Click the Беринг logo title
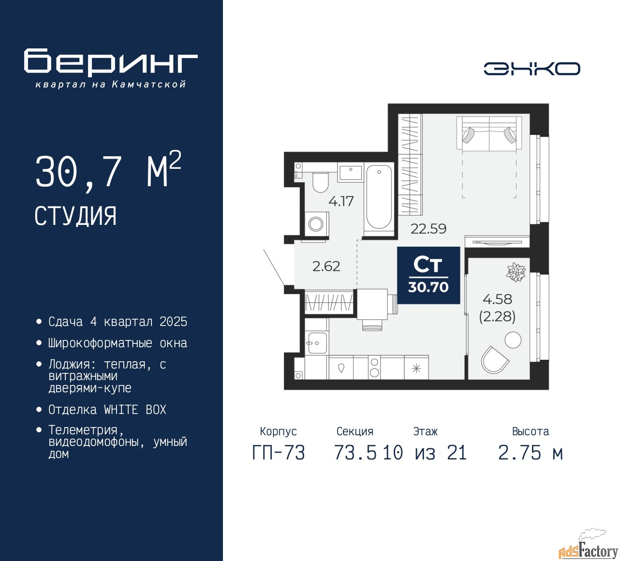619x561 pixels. (111, 62)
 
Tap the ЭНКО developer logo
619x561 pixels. (531, 69)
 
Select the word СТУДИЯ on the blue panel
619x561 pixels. (75, 216)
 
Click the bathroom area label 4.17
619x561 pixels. (341, 201)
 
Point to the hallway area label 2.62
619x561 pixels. (326, 266)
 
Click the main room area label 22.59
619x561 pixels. (428, 229)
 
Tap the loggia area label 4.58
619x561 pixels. (497, 299)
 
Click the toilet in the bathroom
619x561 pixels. (320, 182)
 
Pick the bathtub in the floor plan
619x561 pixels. (379, 197)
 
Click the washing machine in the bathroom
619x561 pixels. (316, 224)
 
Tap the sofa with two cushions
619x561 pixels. (489, 133)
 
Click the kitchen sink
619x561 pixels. (316, 343)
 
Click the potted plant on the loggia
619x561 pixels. (516, 272)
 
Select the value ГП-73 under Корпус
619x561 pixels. (279, 453)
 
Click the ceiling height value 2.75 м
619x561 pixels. (531, 453)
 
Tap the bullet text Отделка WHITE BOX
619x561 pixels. (107, 410)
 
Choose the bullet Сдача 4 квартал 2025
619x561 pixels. (118, 322)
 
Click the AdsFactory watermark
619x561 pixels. (588, 550)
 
